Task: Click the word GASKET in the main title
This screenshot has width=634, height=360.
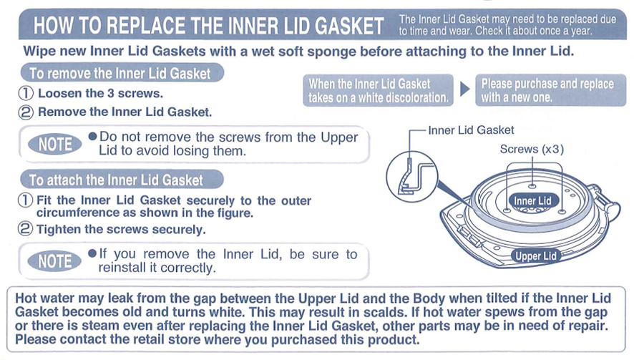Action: point(339,27)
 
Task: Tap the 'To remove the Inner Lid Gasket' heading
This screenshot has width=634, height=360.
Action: point(120,74)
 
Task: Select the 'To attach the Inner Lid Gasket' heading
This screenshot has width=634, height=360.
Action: point(116,180)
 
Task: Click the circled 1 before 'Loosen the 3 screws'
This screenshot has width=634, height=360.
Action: point(26,94)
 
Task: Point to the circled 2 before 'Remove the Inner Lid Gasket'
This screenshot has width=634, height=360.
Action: point(26,112)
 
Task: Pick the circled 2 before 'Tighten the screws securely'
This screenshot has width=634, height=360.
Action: point(26,230)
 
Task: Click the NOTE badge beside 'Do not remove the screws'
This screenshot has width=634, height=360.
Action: point(55,145)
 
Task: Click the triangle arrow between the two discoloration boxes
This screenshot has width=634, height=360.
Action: point(464,89)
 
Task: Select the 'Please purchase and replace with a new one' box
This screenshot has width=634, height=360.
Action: point(547,90)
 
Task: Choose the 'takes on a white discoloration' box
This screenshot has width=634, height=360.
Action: point(379,90)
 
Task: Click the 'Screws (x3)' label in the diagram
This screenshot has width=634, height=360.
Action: point(532,149)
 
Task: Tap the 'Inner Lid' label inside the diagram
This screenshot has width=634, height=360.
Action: point(532,201)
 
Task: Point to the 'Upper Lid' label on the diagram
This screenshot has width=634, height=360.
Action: point(535,256)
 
